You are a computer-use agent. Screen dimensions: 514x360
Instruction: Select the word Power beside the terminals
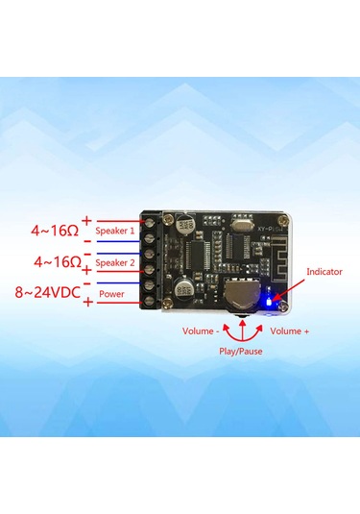click(x=111, y=292)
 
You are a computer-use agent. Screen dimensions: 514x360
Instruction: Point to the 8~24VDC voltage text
click(x=42, y=291)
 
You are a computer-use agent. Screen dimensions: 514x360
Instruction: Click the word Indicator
click(x=324, y=272)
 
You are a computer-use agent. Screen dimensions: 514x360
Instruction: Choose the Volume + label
click(x=290, y=332)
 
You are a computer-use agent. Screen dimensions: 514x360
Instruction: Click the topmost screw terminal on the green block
click(x=151, y=224)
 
